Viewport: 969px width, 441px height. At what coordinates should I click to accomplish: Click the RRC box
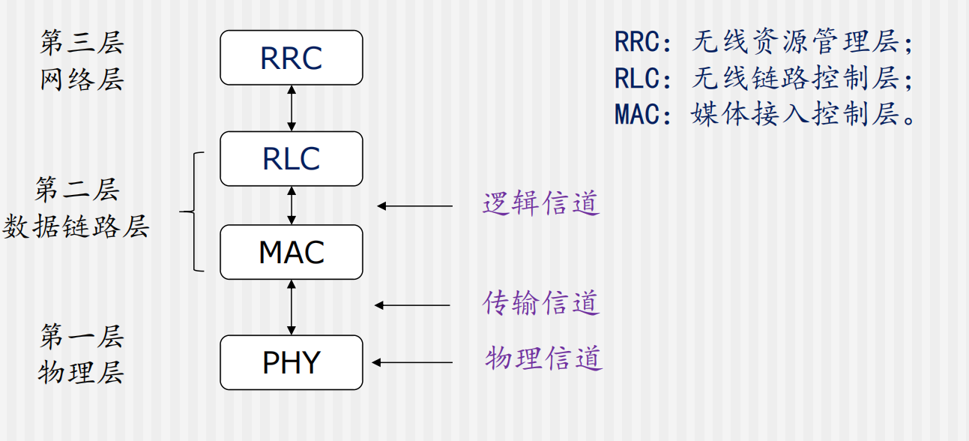tap(291, 58)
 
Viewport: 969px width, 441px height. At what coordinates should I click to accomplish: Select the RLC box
tap(291, 159)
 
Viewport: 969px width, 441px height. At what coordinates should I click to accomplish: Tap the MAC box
tap(291, 252)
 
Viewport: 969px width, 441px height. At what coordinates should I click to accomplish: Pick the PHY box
tap(291, 362)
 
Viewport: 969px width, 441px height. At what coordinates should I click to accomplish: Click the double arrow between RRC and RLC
tap(292, 108)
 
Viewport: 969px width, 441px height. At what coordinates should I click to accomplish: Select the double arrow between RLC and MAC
tap(292, 205)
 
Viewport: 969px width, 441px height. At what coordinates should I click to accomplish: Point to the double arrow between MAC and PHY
tap(292, 307)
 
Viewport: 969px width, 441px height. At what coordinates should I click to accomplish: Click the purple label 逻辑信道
tap(541, 203)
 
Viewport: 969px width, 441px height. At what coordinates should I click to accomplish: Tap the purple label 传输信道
tap(541, 303)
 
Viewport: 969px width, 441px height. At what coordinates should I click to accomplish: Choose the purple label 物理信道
tap(543, 358)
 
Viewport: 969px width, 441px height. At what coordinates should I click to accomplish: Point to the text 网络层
tap(81, 79)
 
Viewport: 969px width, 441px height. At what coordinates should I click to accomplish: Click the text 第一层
tap(81, 337)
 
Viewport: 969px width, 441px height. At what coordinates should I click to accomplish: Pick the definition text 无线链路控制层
tap(794, 78)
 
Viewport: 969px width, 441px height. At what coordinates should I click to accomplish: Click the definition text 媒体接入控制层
tap(794, 115)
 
